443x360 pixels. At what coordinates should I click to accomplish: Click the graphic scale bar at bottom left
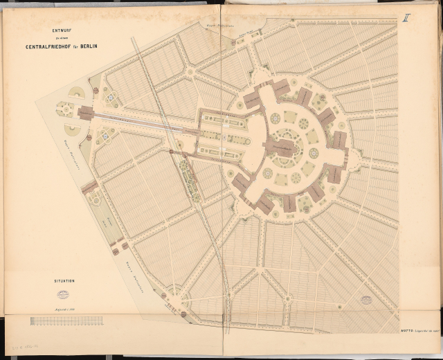(x=66, y=321)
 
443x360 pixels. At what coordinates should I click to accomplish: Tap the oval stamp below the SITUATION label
(x=63, y=294)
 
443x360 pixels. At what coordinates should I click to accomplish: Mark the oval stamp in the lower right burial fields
(x=365, y=300)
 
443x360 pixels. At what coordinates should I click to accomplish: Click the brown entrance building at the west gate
(x=85, y=113)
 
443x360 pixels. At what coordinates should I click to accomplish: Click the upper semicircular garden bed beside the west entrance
(x=75, y=93)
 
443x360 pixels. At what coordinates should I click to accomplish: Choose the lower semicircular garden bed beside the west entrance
(x=73, y=129)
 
